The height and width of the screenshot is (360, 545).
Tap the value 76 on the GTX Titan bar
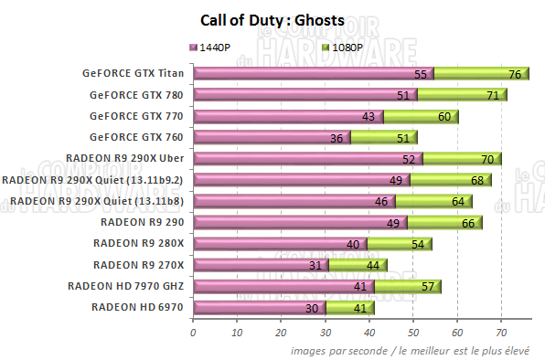point(515,74)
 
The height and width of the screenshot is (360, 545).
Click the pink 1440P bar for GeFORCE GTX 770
point(288,116)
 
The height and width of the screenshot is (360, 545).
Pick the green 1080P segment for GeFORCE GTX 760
point(384,138)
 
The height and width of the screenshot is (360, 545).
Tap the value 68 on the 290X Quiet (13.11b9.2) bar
point(477,180)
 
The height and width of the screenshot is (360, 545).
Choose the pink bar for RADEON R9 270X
point(261,265)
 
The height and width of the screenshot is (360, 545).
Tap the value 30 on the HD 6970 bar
point(311,308)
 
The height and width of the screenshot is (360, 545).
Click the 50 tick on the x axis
point(412,334)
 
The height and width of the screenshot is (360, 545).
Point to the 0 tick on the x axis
point(193,334)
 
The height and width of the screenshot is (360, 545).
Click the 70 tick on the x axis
point(501,334)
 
